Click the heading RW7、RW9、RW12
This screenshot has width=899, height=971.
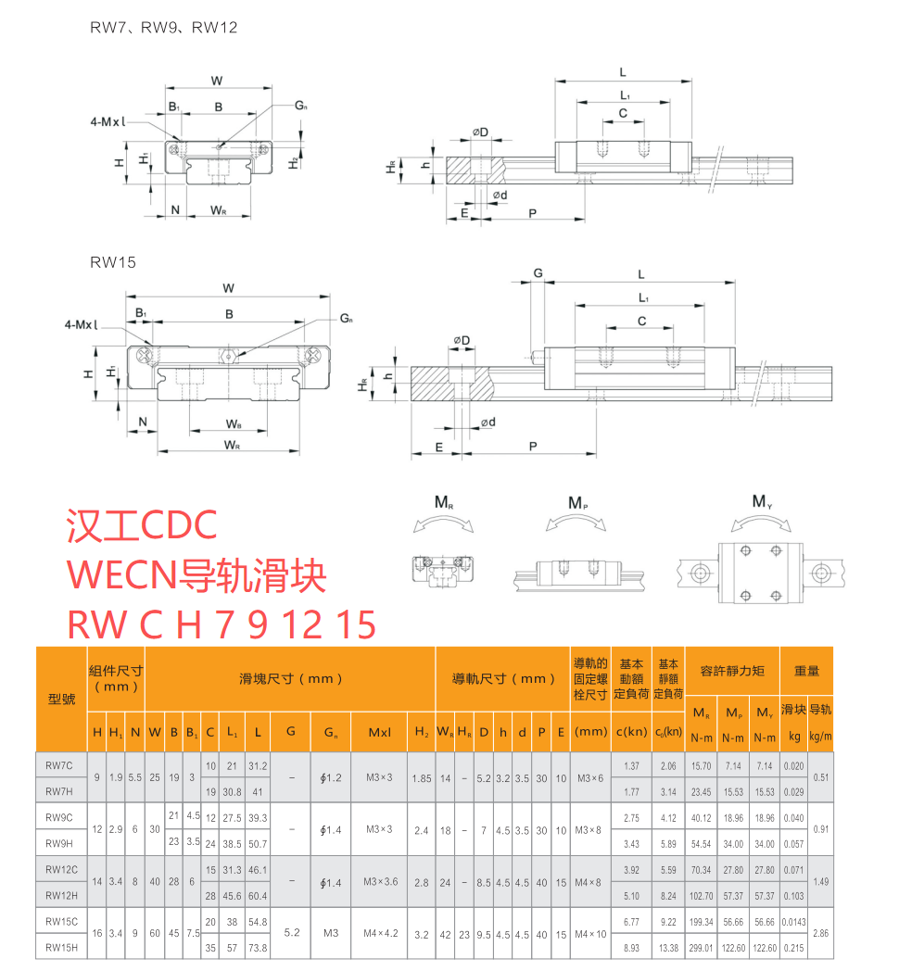[163, 27]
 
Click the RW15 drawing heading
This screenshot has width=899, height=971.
[113, 262]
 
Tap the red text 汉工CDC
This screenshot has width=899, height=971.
[142, 525]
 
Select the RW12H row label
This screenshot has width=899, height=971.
[61, 895]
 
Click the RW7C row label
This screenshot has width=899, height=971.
[59, 765]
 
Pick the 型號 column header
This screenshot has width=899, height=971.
[61, 700]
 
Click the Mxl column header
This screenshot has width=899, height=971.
[379, 732]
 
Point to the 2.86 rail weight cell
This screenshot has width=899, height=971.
[820, 933]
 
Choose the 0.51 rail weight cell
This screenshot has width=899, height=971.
[820, 777]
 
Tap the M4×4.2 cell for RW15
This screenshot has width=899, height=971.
[380, 933]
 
